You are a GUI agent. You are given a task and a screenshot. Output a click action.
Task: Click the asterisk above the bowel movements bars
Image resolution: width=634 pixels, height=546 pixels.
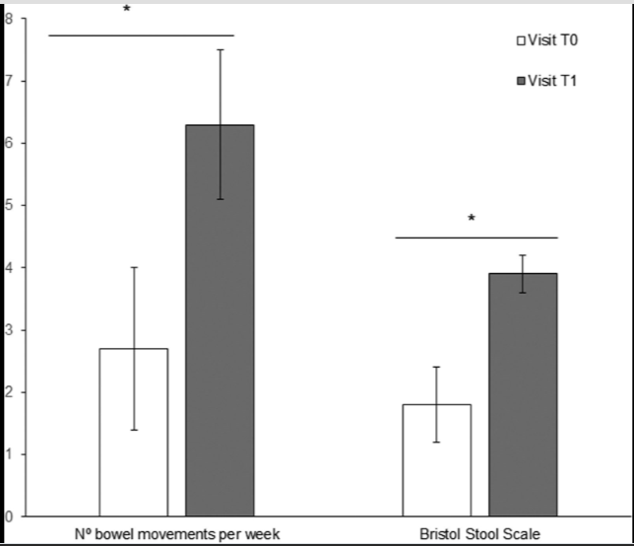pos(127,11)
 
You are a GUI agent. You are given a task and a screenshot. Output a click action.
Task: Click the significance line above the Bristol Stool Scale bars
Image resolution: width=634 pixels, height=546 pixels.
pos(476,238)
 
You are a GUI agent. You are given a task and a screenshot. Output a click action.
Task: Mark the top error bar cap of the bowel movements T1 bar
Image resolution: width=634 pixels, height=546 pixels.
pos(220,49)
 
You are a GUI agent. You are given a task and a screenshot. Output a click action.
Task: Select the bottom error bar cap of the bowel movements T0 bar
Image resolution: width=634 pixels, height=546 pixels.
pos(133,430)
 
